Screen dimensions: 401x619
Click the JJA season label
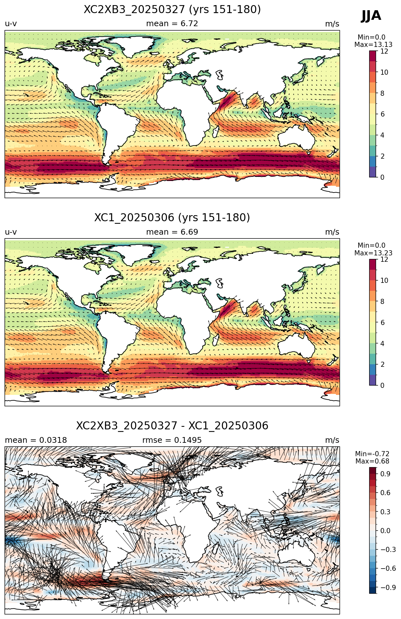(371, 16)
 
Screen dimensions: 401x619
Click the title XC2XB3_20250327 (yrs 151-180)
(172, 10)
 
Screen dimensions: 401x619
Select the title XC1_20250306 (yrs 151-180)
(172, 218)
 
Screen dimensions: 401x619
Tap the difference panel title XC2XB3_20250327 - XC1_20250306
(172, 426)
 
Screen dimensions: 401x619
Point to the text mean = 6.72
(172, 24)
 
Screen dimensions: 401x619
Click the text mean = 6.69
(172, 232)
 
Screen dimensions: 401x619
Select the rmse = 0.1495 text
(172, 440)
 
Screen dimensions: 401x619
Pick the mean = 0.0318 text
(36, 440)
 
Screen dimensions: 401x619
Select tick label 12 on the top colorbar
(384, 51)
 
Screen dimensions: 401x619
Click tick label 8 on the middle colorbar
(382, 302)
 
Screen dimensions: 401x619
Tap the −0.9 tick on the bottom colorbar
(388, 588)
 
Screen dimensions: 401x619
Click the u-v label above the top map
(11, 24)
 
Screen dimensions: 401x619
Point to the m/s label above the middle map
(332, 232)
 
